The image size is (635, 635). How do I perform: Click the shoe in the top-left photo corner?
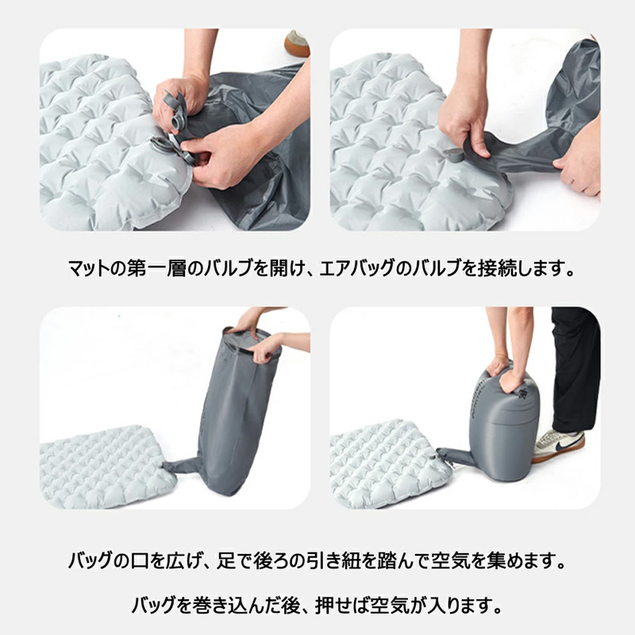pyautogui.click(x=297, y=43)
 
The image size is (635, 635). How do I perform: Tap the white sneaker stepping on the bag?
pyautogui.click(x=558, y=445)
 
